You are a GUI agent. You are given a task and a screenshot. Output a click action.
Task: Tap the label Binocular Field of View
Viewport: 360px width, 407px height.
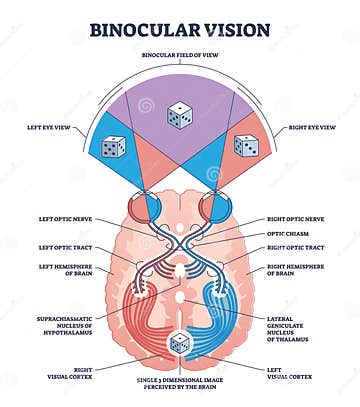click(x=180, y=55)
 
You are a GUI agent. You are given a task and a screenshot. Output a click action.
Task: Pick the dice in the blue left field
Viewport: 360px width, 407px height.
click(x=113, y=148)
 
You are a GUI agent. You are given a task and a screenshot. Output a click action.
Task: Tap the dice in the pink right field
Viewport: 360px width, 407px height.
click(x=245, y=146)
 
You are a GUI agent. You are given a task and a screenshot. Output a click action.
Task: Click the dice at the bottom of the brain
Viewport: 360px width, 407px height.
click(x=180, y=344)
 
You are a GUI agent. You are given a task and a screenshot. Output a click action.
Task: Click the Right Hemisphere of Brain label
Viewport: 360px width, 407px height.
click(x=292, y=271)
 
